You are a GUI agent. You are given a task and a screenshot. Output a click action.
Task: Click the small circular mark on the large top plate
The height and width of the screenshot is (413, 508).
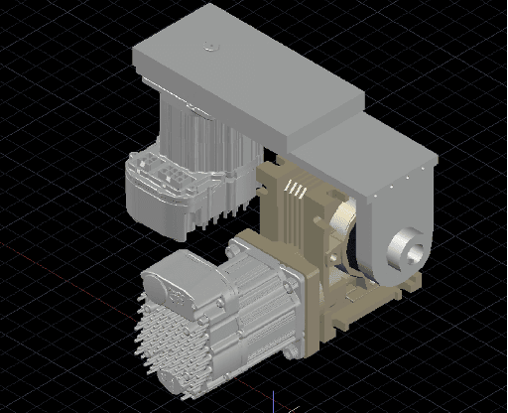pos(207,46)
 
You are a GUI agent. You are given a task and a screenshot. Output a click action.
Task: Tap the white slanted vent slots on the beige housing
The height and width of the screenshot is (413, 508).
pos(294,188)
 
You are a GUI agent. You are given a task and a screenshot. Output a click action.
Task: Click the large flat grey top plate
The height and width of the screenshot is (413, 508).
pos(238,69)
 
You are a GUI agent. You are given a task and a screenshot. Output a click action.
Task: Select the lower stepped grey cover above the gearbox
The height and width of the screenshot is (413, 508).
pos(367,149)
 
